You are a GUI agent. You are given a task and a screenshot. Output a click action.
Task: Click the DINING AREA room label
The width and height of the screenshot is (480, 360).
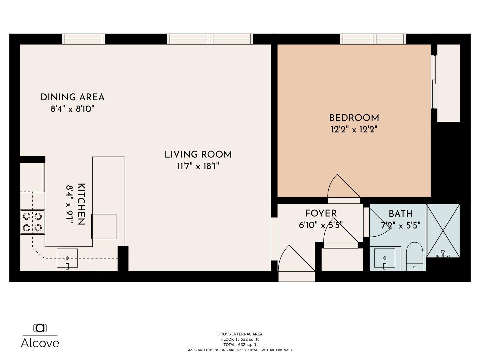coord(72,97)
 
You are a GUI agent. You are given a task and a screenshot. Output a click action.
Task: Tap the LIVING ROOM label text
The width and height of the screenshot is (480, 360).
coord(198,155)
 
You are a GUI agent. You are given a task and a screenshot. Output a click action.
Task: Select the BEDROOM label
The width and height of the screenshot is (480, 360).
coord(354,118)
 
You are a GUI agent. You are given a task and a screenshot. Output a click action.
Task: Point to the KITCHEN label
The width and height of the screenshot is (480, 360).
coord(81,204)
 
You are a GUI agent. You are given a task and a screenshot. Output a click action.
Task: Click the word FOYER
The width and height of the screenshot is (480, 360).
coord(321,213)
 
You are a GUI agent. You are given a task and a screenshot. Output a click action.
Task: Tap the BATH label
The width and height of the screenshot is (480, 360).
coord(401,214)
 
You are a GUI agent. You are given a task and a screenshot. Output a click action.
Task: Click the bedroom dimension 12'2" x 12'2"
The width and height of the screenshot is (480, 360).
coord(354,130)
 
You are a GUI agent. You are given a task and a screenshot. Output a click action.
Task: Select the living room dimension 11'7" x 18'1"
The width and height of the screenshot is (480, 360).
coord(198,166)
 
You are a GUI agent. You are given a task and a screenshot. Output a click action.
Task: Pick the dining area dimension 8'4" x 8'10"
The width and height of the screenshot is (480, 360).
coord(72,109)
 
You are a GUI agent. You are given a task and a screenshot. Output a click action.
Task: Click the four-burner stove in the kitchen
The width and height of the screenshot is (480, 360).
coord(32,222)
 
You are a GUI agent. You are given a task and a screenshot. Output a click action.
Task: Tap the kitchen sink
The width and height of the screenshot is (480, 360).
coord(67,258)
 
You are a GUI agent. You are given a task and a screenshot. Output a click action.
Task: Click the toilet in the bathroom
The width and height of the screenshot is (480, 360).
coord(415,257)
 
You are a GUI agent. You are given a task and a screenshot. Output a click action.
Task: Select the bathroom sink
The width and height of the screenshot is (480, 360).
coord(385,258)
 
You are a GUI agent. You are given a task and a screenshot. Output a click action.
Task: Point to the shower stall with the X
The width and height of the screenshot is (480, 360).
coord(443,231)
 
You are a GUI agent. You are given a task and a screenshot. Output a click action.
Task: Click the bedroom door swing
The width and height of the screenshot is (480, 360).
coord(344,186)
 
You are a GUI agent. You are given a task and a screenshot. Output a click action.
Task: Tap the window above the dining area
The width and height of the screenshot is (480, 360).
coord(83,39)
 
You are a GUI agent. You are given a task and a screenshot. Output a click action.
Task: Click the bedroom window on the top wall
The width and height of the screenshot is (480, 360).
coord(373,39)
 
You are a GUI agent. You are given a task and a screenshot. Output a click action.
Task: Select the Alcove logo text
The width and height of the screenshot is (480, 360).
coord(40,343)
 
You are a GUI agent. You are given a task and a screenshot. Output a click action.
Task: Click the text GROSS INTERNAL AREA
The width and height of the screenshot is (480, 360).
coord(240,334)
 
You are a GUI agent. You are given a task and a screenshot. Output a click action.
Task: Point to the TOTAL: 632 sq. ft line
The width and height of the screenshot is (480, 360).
coord(240,345)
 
